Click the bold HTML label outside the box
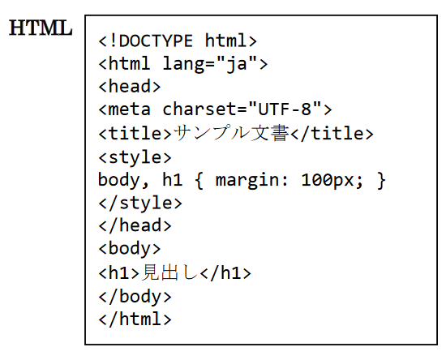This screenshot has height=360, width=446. pos(41,28)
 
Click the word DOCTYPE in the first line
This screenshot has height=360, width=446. pos(156,41)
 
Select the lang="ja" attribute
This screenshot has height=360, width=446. pos(210,63)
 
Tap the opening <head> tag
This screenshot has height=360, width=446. pos(130,86)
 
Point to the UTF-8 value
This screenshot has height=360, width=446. pos(285,109)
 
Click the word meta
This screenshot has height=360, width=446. pos(130,109)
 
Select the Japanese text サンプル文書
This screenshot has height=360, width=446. pos(231,133)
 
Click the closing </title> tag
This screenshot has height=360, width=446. pos(332,133)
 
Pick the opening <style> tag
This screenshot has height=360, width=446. pos(135,157)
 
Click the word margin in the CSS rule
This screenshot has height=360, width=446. pos(247,180)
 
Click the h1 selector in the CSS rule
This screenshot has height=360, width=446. pos(172,179)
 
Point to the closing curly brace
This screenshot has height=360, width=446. pos(381,180)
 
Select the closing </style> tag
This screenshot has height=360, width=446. pos(140,203)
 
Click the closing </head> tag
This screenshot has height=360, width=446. pos(135,225)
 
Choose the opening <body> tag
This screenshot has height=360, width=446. pos(130,249)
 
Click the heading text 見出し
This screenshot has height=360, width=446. pos(169,272)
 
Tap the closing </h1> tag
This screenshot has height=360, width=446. pos(225,272)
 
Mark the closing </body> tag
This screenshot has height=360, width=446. pos(135,297)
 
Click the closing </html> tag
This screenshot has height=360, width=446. pos(135,319)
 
